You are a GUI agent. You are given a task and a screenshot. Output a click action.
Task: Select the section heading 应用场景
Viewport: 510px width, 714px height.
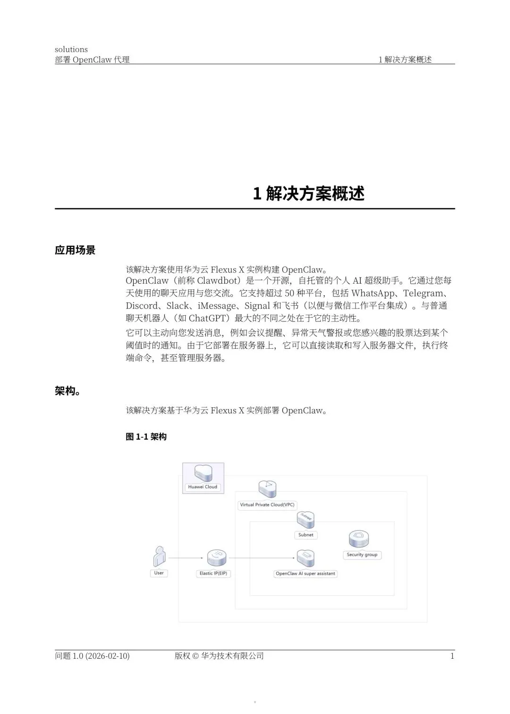click(x=75, y=250)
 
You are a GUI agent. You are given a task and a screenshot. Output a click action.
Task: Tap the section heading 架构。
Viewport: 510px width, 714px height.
click(x=67, y=391)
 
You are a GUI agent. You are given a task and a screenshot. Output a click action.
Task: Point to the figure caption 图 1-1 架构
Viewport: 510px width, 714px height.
click(x=146, y=437)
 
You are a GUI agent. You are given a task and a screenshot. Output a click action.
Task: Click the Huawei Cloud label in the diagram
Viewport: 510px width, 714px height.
click(x=203, y=487)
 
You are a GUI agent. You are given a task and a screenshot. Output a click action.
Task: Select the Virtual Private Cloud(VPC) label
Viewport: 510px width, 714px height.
click(x=267, y=505)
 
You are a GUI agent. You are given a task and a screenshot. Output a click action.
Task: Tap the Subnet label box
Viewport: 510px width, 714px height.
click(x=306, y=535)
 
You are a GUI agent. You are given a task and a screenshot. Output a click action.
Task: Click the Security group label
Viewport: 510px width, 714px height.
click(x=362, y=555)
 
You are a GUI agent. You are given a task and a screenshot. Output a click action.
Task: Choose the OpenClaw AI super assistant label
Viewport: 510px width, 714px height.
click(x=306, y=574)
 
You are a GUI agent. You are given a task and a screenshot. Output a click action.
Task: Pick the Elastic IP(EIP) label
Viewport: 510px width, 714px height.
click(x=213, y=573)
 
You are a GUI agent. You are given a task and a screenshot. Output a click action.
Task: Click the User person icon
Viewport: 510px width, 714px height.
click(x=159, y=557)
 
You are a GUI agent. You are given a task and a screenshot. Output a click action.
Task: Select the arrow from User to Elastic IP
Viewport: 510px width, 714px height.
click(x=186, y=558)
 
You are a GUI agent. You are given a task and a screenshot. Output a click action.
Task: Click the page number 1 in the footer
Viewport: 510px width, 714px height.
click(x=452, y=656)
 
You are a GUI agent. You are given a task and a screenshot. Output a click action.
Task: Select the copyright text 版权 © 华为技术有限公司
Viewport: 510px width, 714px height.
click(x=219, y=656)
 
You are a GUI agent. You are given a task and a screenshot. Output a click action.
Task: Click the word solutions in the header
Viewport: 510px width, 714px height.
click(x=71, y=50)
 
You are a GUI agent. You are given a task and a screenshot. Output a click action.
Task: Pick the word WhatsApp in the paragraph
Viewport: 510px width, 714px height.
click(x=373, y=293)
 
